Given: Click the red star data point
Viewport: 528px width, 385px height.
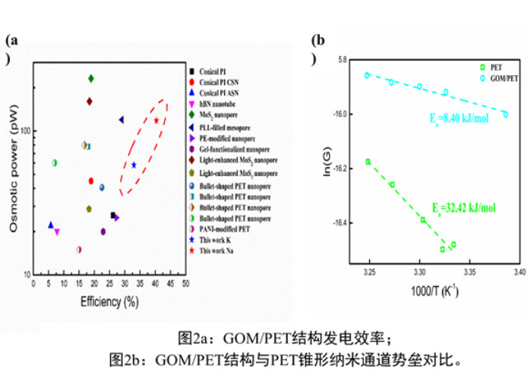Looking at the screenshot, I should (156, 120).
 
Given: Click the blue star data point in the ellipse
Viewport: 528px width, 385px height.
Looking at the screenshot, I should (134, 165).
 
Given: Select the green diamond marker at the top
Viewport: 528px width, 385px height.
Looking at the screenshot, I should (90, 78).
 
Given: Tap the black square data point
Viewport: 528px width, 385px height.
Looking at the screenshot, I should (113, 215).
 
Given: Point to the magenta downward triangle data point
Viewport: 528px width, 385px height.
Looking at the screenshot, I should (57, 232).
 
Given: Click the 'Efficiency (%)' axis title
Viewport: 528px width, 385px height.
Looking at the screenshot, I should (109, 301).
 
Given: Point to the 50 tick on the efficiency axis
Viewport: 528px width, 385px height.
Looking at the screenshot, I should (185, 283).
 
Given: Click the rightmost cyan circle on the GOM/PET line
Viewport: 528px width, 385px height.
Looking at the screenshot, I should (505, 114).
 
